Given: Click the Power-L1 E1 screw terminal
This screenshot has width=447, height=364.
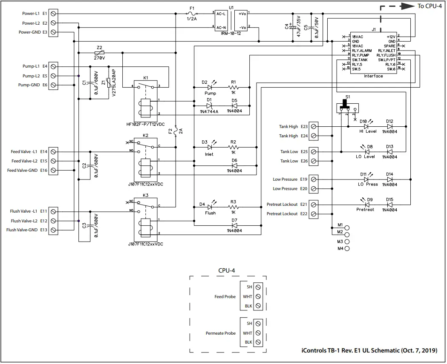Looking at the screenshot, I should click(54, 14).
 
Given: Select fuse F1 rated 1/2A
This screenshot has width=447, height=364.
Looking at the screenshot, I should click(192, 14).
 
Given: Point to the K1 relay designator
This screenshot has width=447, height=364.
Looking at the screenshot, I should click(146, 78).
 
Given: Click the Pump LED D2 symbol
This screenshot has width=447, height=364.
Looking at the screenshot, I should click(210, 88).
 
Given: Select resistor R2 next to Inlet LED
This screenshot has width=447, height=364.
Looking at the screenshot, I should click(233, 147).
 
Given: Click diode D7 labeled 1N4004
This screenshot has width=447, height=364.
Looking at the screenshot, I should click(234, 225).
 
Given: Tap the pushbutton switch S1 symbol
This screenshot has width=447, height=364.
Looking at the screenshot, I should click(347, 105).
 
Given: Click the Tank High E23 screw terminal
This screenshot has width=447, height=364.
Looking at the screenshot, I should click(314, 127).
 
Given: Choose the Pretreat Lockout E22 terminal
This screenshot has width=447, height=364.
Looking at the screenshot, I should click(314, 214).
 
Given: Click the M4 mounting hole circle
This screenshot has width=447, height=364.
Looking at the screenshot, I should click(347, 248).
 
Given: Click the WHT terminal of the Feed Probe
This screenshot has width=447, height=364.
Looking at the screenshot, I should click(258, 296).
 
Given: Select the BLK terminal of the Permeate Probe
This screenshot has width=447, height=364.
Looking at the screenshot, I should click(258, 342).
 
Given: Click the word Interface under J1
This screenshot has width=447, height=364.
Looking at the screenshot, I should click(373, 76).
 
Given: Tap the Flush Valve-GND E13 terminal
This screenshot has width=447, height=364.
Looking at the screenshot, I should click(54, 230).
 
